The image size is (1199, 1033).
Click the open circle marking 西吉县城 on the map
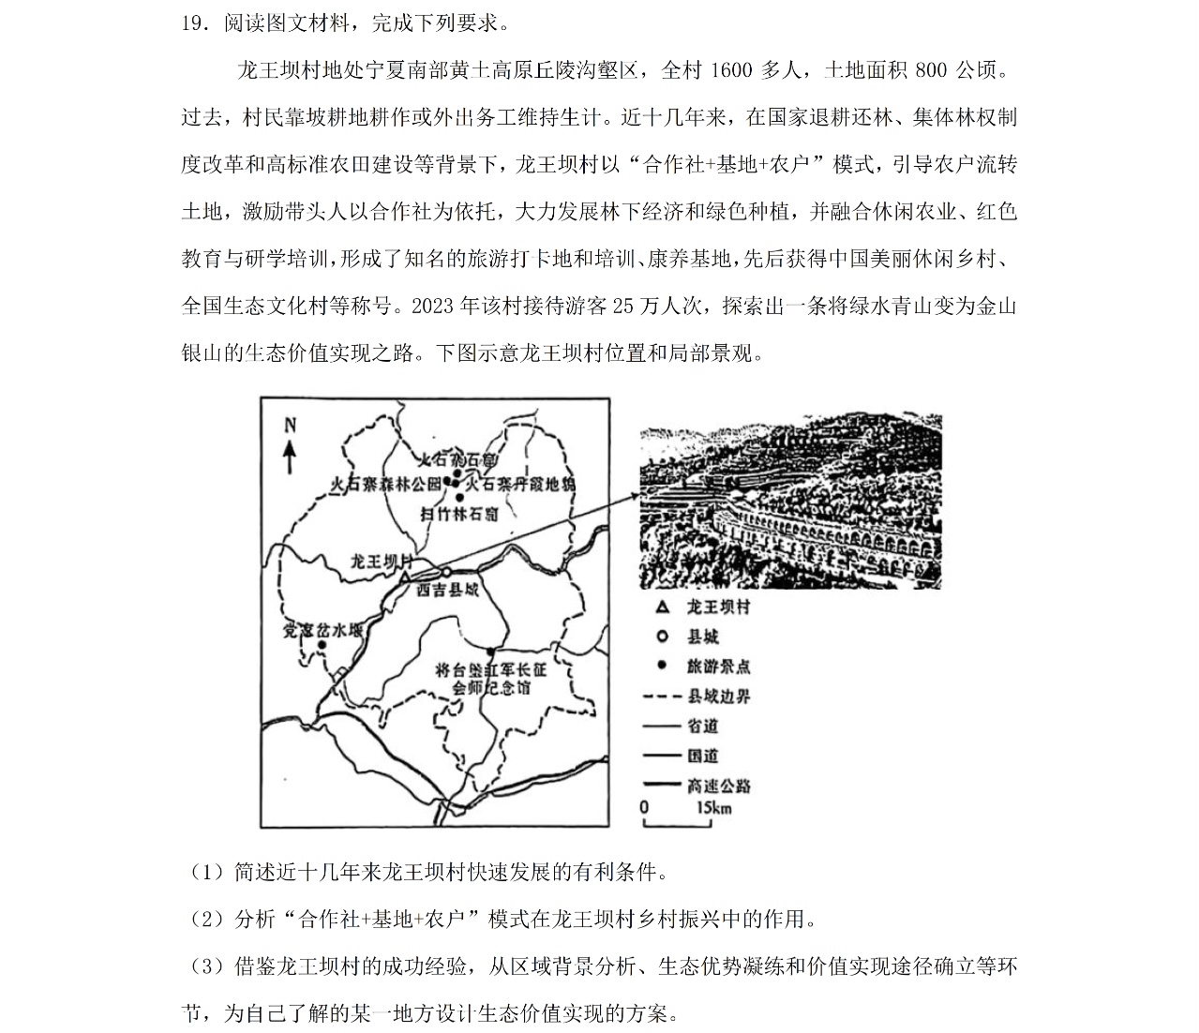click(x=447, y=571)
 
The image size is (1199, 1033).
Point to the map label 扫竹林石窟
click(x=458, y=515)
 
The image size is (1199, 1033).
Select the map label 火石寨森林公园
click(x=385, y=485)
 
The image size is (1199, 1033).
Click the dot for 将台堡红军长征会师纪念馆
click(x=489, y=651)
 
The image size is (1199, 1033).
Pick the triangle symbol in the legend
click(x=663, y=607)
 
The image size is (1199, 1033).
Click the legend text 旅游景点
click(x=718, y=666)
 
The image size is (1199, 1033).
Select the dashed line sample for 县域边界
click(x=662, y=696)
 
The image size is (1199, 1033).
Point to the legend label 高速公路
click(x=718, y=786)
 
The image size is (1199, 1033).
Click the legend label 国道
click(x=702, y=756)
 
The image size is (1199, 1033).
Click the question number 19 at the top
click(x=192, y=22)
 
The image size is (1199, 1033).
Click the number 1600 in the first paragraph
click(x=733, y=70)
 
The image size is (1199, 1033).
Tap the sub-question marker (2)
click(x=206, y=920)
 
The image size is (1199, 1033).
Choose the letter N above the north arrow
click(x=290, y=426)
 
